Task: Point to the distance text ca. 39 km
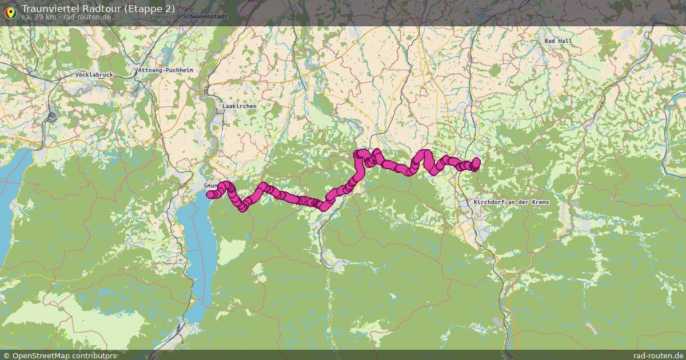(x=39, y=17)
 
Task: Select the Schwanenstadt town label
(x=205, y=17)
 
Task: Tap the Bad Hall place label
(x=558, y=41)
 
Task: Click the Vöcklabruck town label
(x=94, y=75)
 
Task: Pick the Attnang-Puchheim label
(x=166, y=70)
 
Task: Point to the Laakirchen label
(x=239, y=106)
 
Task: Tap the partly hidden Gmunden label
(x=210, y=186)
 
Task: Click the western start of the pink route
(x=210, y=195)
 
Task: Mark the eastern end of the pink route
(x=476, y=162)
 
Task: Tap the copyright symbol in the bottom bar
(x=6, y=355)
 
